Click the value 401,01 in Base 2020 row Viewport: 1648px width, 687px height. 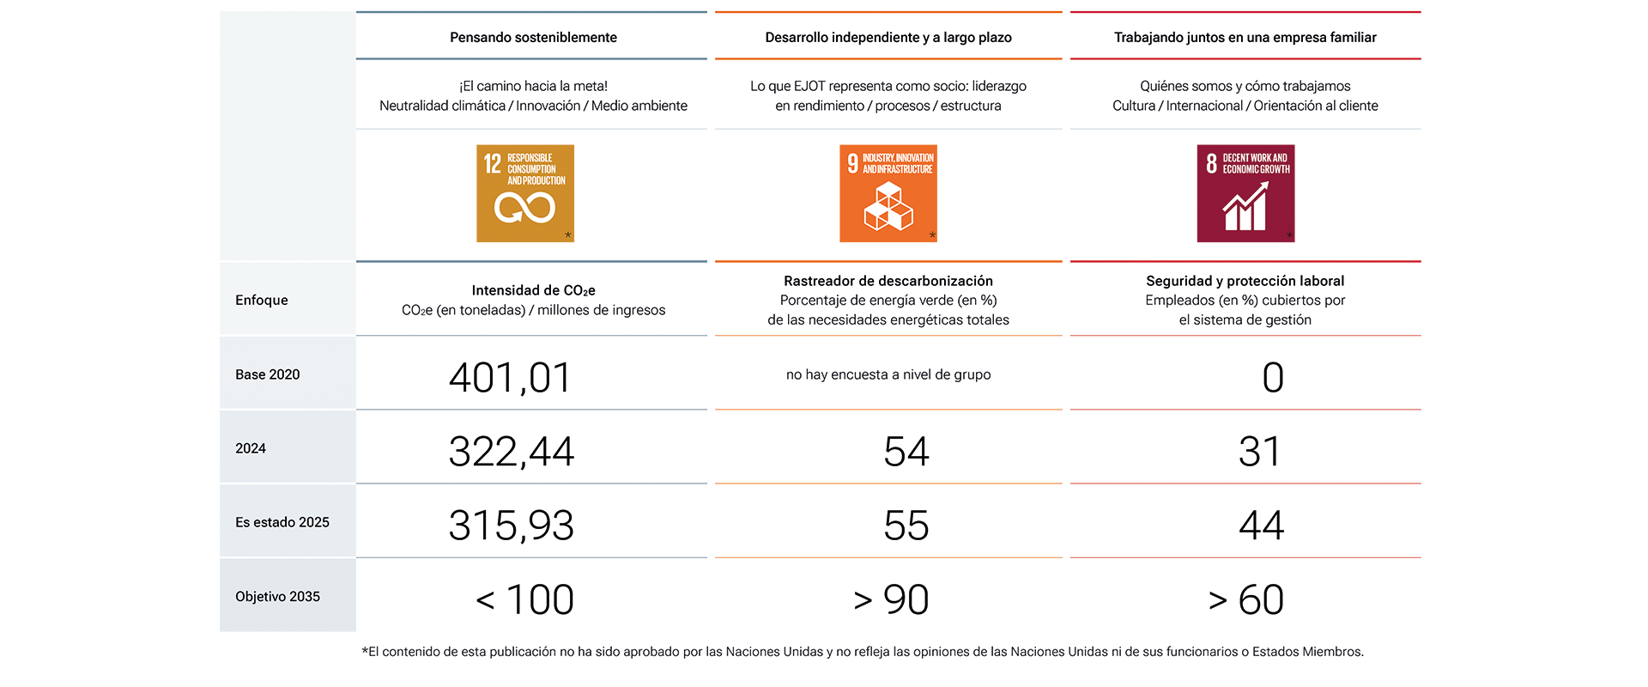511,378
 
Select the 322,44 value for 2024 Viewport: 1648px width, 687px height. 512,452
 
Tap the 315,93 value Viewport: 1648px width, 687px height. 512,526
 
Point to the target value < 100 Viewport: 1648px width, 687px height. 524,599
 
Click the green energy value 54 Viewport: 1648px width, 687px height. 906,452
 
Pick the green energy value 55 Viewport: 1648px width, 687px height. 906,526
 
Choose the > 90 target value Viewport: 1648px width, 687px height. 892,599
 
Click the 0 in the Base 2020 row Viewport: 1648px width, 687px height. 1273,378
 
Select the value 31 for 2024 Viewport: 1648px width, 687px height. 1260,452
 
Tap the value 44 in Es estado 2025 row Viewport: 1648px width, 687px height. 1262,526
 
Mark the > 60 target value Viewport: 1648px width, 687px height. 1246,599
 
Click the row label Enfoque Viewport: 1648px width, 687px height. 262,300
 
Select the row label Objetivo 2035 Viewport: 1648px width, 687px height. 277,596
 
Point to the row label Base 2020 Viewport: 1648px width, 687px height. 268,374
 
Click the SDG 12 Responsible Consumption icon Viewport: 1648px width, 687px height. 525,193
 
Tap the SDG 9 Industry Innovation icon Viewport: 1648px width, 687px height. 888,193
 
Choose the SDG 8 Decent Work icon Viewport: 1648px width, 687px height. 1245,193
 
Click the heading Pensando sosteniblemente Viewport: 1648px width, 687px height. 534,37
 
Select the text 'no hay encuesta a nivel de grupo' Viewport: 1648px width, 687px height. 888,374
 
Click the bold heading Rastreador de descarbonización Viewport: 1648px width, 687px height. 888,281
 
